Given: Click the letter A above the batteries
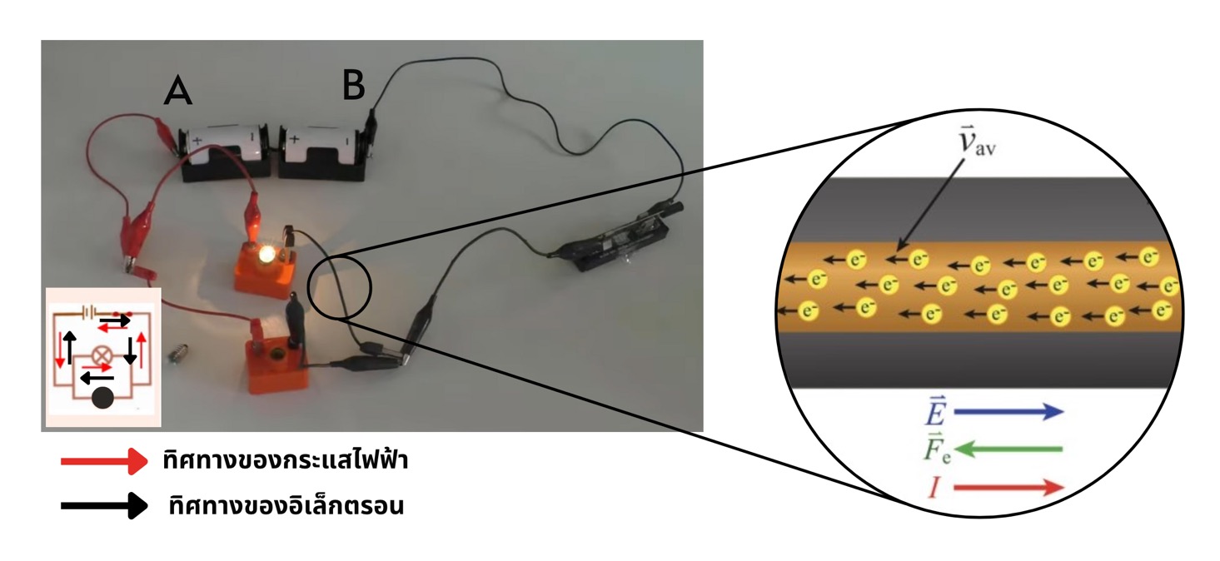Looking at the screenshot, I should pyautogui.click(x=178, y=90).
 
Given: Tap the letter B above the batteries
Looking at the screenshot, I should pyautogui.click(x=353, y=85).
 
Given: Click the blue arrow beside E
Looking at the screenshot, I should pyautogui.click(x=1008, y=411).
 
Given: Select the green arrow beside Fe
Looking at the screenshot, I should pyautogui.click(x=1008, y=449).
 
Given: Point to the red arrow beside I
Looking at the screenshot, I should pyautogui.click(x=1008, y=487).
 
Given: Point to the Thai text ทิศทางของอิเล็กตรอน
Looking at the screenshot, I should pyautogui.click(x=285, y=505).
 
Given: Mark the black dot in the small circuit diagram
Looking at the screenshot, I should pyautogui.click(x=102, y=399).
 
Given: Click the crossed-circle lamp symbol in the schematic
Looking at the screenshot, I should pyautogui.click(x=102, y=353).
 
